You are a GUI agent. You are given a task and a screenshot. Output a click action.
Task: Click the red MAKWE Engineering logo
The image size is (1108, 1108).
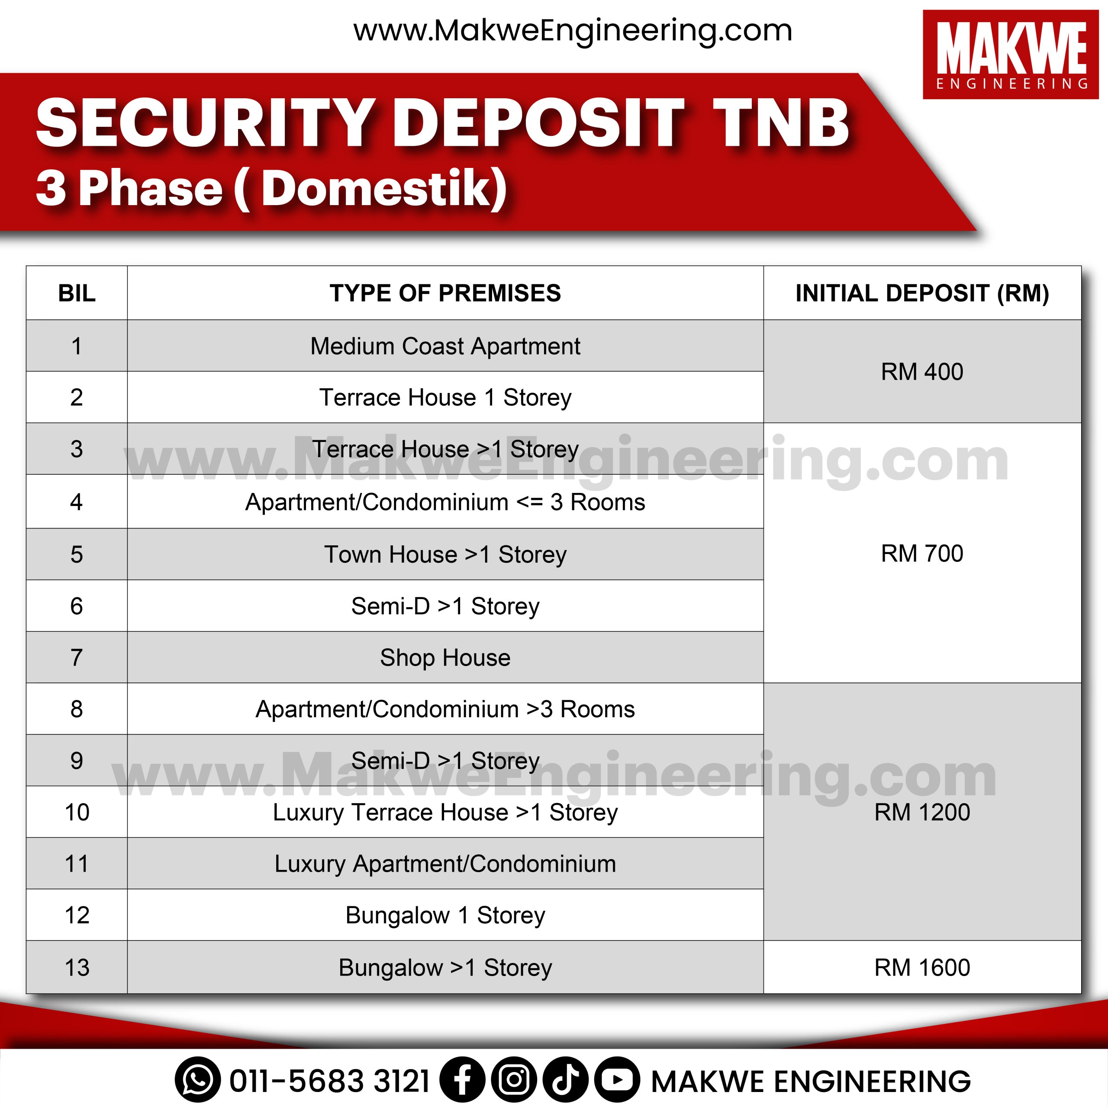[x=1011, y=55]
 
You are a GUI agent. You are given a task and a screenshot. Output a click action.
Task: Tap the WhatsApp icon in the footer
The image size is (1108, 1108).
[x=198, y=1080]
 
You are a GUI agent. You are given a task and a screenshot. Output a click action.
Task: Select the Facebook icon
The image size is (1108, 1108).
[x=462, y=1080]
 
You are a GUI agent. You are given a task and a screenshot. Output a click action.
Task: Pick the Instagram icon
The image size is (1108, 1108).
[x=514, y=1080]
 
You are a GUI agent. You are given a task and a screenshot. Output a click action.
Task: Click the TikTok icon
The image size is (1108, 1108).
[x=566, y=1080]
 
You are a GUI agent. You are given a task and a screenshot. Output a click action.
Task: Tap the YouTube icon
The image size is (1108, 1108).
[x=617, y=1080]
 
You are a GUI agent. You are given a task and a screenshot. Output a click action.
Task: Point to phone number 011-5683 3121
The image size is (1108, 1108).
[x=330, y=1082]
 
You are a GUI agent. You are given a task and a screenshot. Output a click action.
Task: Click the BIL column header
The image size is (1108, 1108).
[x=77, y=293]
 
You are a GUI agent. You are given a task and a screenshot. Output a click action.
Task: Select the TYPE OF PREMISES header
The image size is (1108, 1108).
[x=445, y=293]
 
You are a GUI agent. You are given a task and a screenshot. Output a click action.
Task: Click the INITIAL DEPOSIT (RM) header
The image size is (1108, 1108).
[x=922, y=293]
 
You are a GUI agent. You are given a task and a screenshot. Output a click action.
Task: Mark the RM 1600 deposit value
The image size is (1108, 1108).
[x=922, y=967]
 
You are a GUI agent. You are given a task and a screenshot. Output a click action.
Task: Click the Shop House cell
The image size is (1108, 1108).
[x=445, y=657]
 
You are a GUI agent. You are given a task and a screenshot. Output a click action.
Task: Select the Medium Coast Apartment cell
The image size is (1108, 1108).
[x=445, y=346]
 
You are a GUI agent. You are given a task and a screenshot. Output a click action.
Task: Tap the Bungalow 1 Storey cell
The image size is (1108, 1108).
[x=445, y=915]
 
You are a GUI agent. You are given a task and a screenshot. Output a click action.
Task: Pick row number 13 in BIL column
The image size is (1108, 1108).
[x=77, y=967]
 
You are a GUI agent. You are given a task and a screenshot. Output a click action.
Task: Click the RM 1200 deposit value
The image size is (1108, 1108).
[x=922, y=812]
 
